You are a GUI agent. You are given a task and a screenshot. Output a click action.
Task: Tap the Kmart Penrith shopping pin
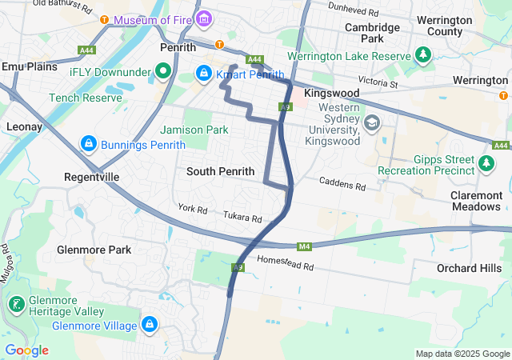tap(204, 74)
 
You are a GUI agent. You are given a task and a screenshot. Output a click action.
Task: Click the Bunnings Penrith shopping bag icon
tap(88, 144)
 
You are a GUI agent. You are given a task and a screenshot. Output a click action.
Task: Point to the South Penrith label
tap(220, 171)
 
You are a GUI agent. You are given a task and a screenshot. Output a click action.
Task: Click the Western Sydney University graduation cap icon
tap(371, 123)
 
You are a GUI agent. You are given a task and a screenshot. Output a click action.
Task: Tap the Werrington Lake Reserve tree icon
tap(423, 55)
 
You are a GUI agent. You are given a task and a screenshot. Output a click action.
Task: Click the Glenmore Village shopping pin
tap(149, 325)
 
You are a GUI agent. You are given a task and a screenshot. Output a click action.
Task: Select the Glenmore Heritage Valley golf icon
tap(15, 305)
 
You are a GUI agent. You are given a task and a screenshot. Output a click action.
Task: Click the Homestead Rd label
tap(285, 262)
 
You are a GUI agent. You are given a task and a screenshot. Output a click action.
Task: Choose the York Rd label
tap(193, 210)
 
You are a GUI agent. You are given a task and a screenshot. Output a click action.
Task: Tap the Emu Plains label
tap(30, 66)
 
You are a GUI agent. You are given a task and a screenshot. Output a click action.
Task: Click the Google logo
tap(26, 350)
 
